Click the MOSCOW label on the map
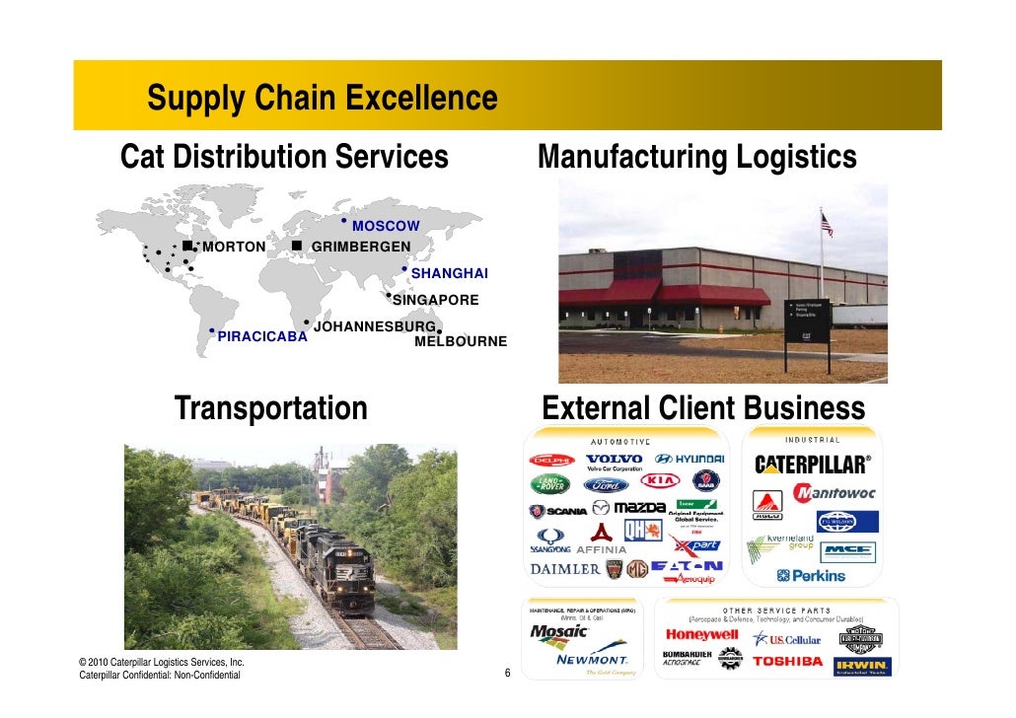(386, 227)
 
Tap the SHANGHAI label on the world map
(449, 273)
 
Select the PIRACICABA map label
(262, 336)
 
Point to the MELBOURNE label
(461, 341)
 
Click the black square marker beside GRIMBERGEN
(296, 245)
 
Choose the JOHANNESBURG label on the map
(374, 325)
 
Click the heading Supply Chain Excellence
(323, 99)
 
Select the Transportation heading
(271, 408)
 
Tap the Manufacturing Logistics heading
(696, 158)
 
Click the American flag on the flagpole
(827, 225)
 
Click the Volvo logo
(614, 462)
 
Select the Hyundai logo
(690, 460)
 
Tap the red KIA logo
(662, 481)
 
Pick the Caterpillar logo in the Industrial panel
(813, 464)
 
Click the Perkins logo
(811, 575)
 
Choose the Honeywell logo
(701, 635)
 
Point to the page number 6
(507, 675)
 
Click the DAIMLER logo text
(565, 569)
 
